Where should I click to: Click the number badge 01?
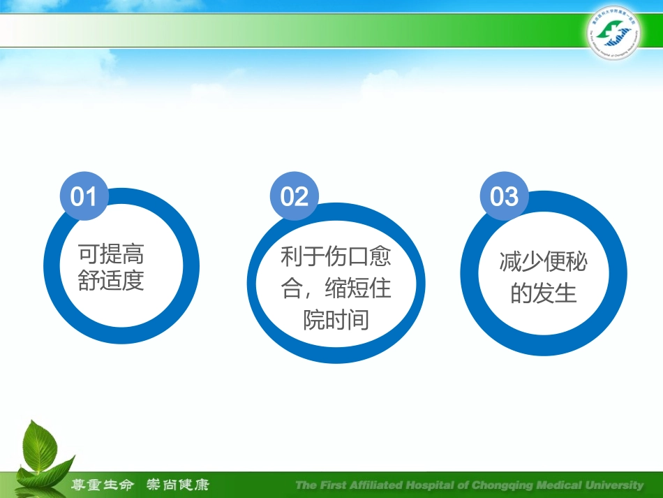tap(84, 196)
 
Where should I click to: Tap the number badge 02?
tap(294, 196)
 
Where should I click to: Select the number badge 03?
tap(504, 196)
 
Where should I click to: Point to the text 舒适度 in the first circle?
tap(111, 281)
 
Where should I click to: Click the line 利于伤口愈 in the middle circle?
tap(336, 257)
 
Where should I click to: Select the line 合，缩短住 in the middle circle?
tap(336, 288)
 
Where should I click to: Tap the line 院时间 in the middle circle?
tap(336, 320)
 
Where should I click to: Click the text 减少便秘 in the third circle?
tap(543, 262)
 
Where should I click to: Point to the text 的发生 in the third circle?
tap(543, 293)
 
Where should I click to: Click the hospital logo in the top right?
tap(612, 34)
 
